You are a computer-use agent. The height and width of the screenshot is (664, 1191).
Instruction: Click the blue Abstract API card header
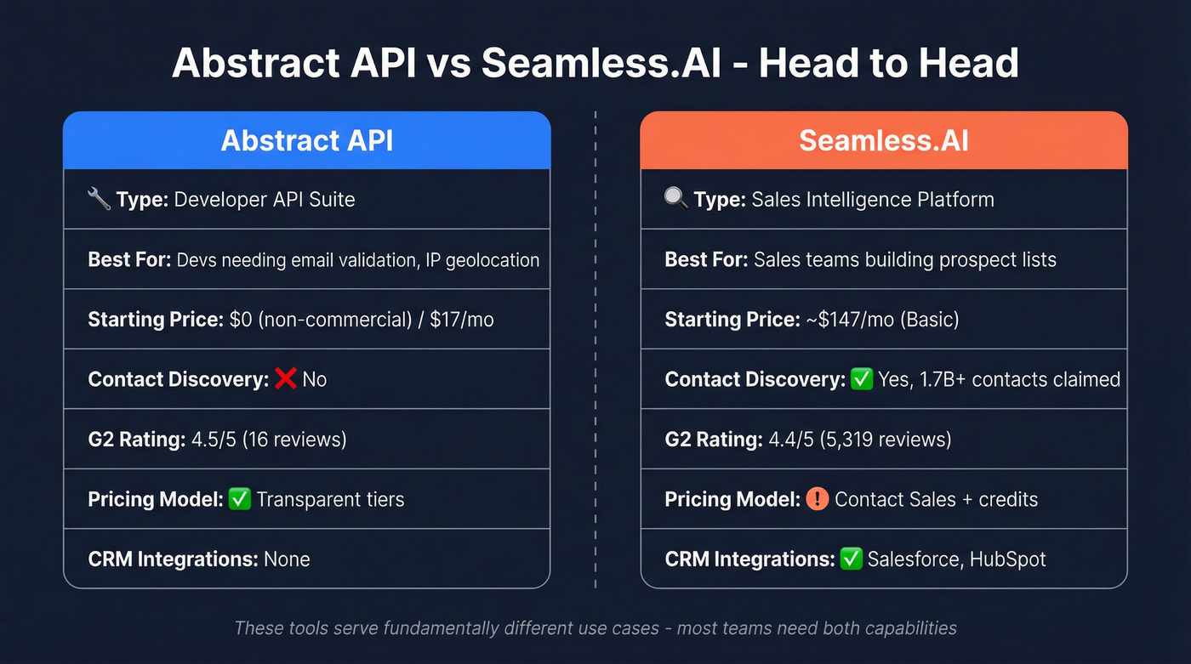coord(306,140)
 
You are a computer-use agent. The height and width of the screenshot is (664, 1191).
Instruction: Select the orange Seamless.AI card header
coord(883,140)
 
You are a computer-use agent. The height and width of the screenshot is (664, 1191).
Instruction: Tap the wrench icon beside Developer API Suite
coord(99,199)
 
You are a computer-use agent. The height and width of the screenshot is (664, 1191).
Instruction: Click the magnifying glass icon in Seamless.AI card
coord(675,199)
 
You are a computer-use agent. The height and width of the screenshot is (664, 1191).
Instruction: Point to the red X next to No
coord(285,378)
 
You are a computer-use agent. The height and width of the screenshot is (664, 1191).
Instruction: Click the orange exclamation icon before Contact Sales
coord(817,499)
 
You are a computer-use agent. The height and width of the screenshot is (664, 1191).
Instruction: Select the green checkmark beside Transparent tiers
coord(240,499)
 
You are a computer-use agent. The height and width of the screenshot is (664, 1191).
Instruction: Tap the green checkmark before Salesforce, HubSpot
coord(851,559)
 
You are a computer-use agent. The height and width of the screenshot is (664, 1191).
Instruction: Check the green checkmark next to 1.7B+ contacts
coord(862,378)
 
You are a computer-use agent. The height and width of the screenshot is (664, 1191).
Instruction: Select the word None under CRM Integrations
coord(287,559)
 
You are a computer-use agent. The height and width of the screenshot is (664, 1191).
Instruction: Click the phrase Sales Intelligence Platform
coord(873,199)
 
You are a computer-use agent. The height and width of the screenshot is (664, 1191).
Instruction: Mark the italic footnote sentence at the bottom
coord(595,628)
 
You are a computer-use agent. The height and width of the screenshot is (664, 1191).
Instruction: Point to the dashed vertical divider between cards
coord(595,349)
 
